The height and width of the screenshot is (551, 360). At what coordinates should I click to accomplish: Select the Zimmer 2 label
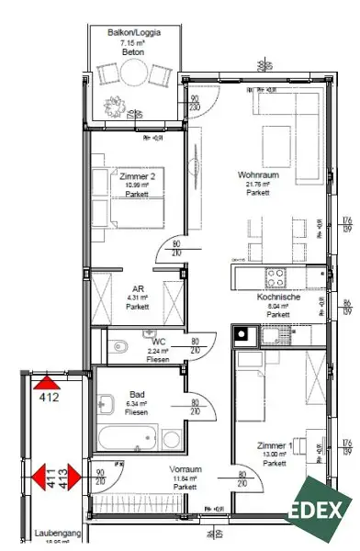139,175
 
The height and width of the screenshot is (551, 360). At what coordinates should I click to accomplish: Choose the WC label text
157,342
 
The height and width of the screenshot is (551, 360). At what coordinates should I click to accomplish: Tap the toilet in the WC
120,347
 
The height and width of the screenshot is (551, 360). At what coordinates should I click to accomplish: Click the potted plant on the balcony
117,103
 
